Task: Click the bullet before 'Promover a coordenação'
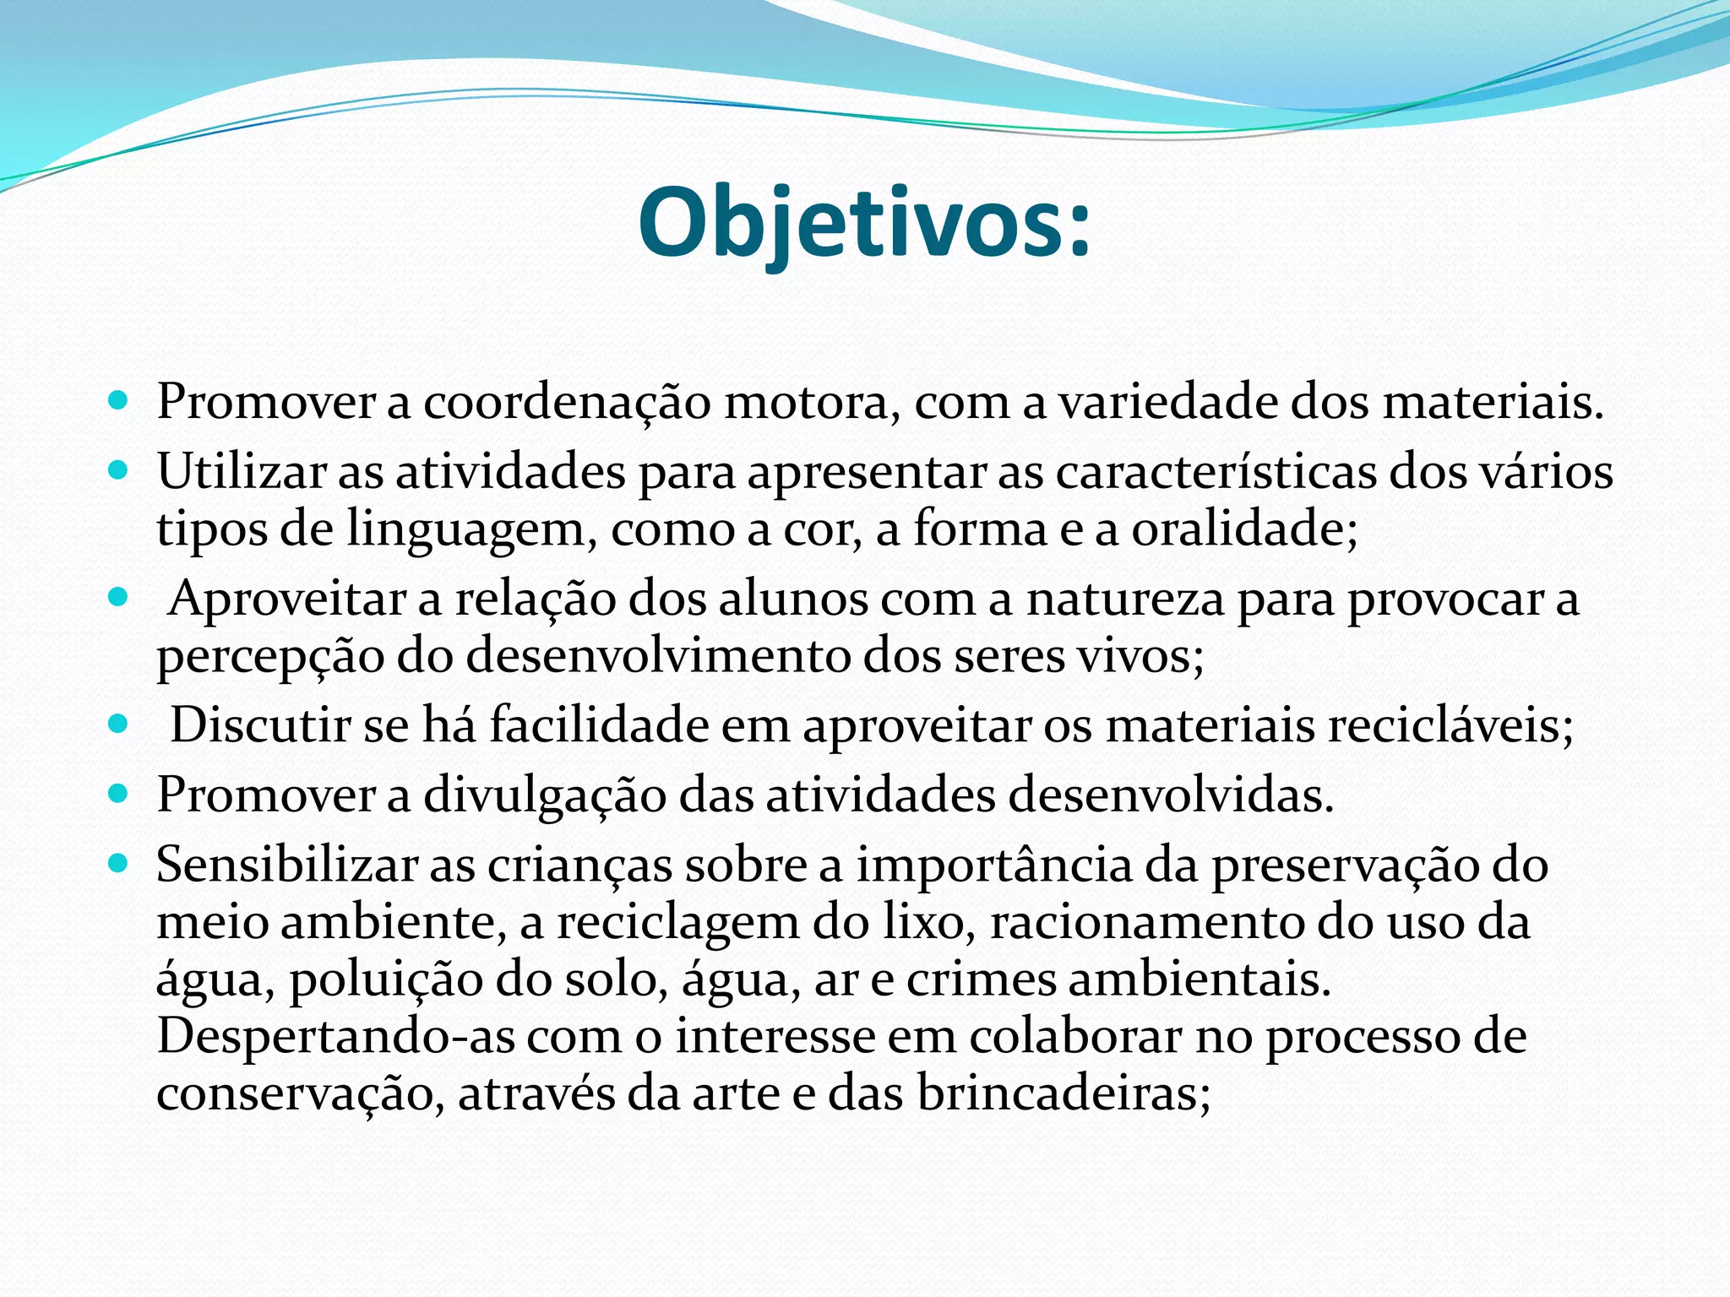point(118,399)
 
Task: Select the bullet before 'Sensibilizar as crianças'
point(118,863)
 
